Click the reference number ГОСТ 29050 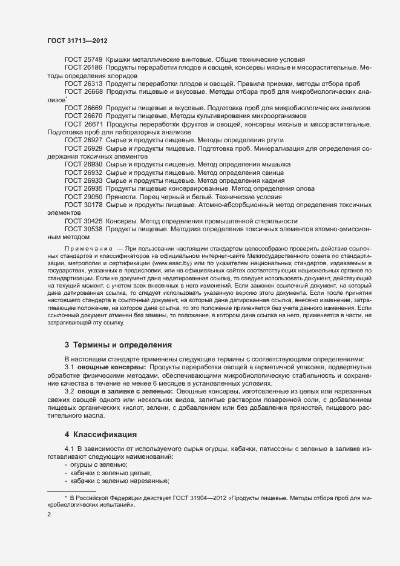84,196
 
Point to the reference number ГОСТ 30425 84,220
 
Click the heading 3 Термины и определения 119,345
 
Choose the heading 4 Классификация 102,434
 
